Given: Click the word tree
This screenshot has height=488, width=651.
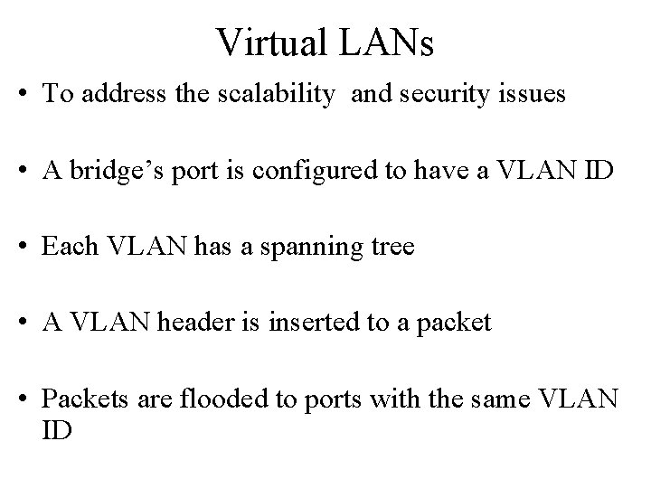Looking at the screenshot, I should (391, 246).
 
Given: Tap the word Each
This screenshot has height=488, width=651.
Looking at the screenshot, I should (64, 246).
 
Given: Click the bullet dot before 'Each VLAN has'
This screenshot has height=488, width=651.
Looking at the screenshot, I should (29, 247).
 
